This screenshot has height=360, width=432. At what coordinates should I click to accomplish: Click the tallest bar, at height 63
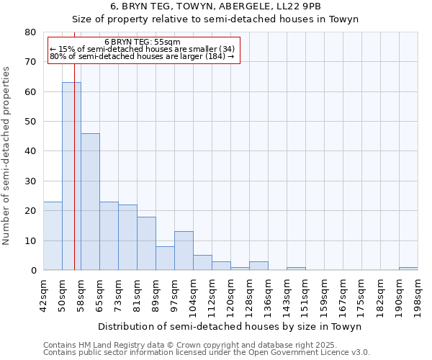[71, 176]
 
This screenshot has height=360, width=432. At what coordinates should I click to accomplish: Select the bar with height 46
[90, 202]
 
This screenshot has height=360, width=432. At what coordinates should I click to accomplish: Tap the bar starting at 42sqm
[53, 236]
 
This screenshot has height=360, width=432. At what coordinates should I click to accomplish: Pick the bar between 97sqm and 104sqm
[184, 251]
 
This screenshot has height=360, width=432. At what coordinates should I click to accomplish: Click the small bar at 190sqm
[408, 269]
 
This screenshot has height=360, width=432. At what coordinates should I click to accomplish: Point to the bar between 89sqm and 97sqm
[165, 258]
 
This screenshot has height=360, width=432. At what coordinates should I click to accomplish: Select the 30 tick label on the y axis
[30, 181]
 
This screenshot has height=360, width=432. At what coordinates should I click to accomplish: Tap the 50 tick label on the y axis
[30, 122]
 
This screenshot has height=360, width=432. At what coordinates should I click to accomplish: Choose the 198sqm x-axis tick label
[418, 294]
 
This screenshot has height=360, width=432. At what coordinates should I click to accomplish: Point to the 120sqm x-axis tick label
[230, 294]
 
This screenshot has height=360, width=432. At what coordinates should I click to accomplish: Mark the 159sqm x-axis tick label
[324, 294]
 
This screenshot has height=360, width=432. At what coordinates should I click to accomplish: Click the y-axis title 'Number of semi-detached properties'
[6, 156]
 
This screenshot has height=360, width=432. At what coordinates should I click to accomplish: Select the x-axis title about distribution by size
[230, 326]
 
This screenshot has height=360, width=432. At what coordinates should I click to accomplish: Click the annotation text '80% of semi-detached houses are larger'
[143, 56]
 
